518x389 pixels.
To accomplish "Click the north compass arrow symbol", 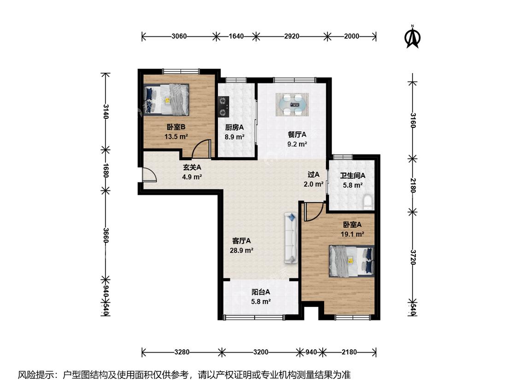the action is point(413,37).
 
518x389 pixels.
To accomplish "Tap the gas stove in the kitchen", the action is point(224,106).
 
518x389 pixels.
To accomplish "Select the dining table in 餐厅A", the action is point(292,105).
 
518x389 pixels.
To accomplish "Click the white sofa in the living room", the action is point(291,238).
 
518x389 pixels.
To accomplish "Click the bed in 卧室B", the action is point(167,99).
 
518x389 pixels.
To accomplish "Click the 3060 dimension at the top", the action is point(179,36).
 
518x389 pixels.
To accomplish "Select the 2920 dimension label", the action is point(292,36).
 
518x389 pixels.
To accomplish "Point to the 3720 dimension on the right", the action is point(413,257).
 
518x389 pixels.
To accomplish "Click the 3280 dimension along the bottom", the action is point(182,352).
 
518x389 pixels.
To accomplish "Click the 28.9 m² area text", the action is point(241,250).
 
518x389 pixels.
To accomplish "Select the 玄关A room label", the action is point(192,167).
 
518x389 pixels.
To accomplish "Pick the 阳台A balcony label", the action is point(261,292).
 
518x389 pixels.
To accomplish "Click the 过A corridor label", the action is point(314,174).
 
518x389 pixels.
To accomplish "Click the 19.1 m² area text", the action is point(353,234).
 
